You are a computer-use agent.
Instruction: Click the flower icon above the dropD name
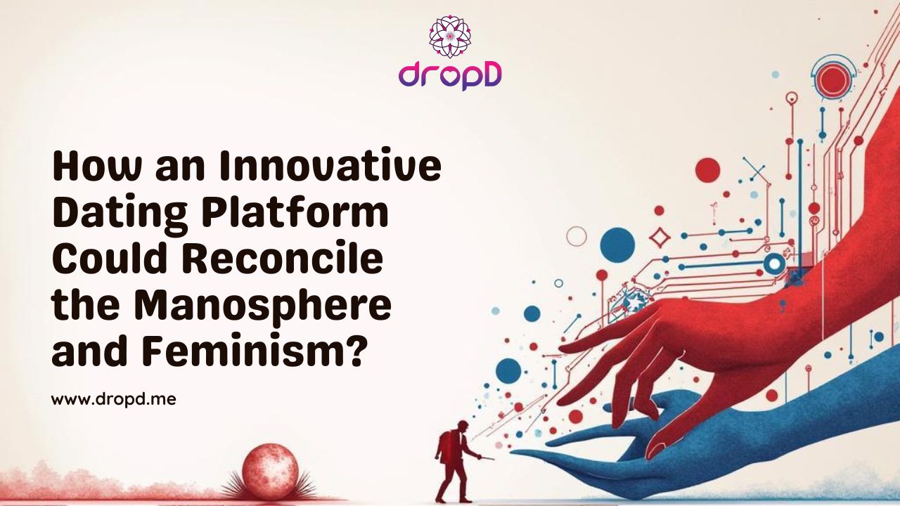click(450, 37)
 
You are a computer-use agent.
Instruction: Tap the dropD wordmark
click(450, 75)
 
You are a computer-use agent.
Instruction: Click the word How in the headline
click(92, 167)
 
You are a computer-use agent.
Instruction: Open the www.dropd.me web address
click(113, 400)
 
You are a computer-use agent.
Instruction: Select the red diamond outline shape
click(660, 238)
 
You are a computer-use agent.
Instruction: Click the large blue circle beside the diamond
click(617, 243)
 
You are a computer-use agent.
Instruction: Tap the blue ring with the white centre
click(774, 264)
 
